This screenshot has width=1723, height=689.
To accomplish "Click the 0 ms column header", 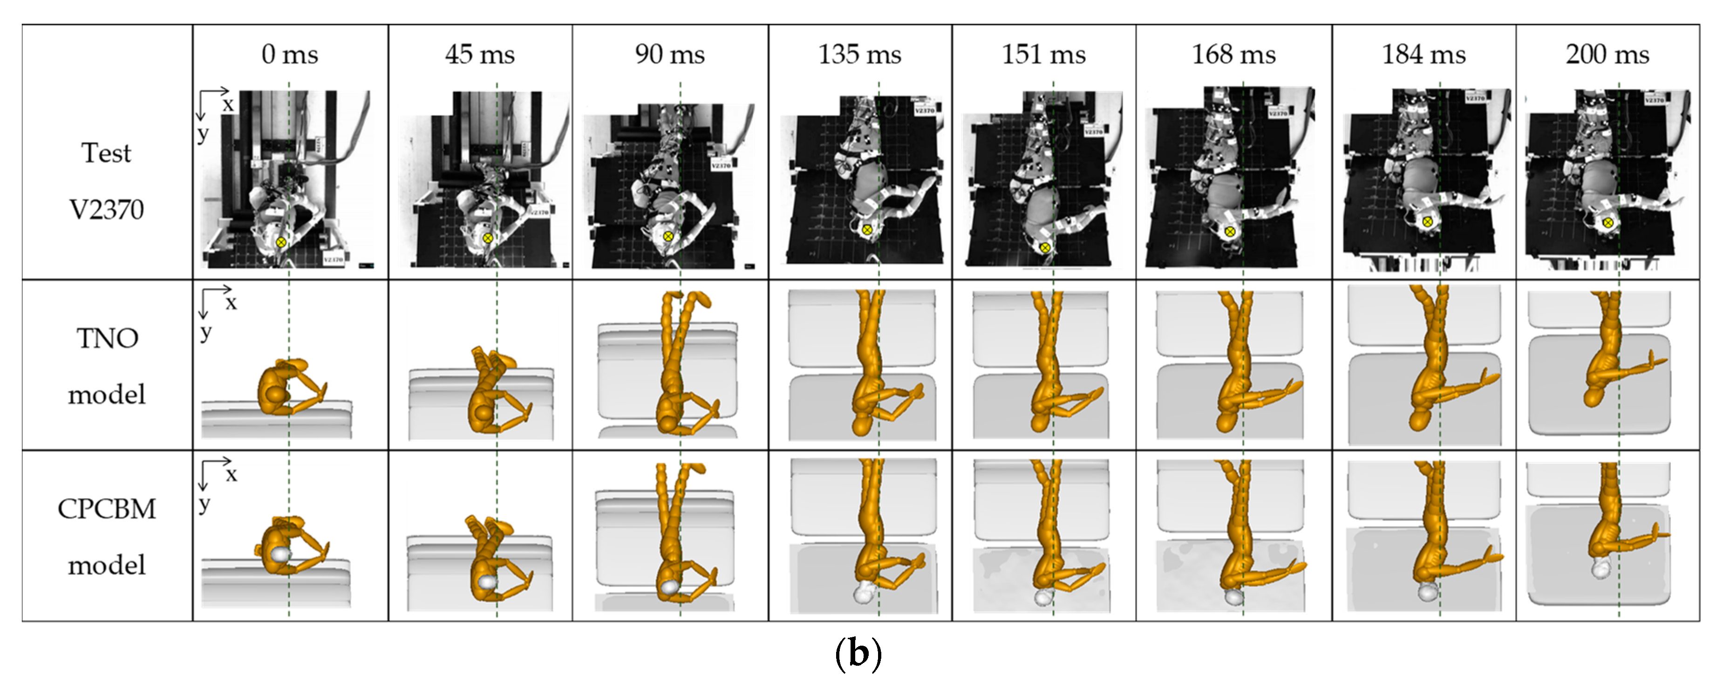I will [x=290, y=54].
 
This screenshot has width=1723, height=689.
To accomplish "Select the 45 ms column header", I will [x=480, y=54].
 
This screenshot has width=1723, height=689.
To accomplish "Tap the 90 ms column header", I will [x=669, y=54].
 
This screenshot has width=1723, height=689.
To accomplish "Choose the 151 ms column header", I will [x=1043, y=54].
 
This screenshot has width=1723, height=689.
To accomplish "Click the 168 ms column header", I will [x=1233, y=54].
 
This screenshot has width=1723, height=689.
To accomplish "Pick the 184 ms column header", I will [x=1423, y=54].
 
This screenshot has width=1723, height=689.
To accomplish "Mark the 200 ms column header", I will [x=1607, y=54].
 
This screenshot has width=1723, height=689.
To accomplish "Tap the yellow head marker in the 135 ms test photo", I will [x=867, y=230].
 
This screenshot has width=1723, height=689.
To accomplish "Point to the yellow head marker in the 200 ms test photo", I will [x=1608, y=223].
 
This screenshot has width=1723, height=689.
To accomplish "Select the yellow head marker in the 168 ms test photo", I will [x=1229, y=232].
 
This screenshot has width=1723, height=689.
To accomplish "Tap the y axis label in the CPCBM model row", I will [x=204, y=503].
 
